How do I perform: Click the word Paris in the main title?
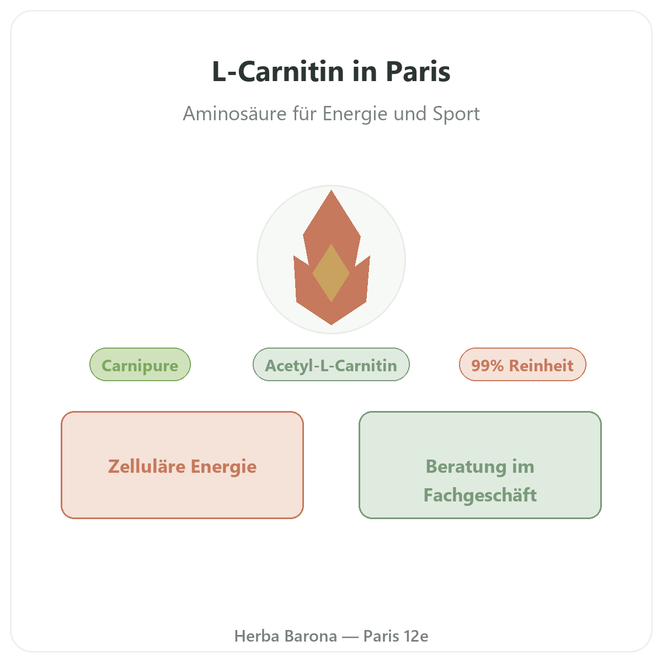418,72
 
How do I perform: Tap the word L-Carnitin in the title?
278,72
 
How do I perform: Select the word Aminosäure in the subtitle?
234,114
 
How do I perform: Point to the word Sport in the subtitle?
456,114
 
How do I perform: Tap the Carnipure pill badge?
140,364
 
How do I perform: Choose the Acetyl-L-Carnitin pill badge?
331,364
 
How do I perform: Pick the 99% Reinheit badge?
522,364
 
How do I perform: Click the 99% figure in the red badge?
487,365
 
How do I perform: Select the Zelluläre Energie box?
182,465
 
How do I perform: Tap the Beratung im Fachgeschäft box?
480,465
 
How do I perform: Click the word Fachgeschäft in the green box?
480,495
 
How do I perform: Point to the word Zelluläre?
147,466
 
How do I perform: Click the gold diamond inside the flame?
331,273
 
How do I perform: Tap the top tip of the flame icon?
331,190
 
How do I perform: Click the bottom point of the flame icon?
331,324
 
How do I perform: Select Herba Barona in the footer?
285,636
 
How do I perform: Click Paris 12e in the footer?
396,636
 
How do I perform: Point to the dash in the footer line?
350,637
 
